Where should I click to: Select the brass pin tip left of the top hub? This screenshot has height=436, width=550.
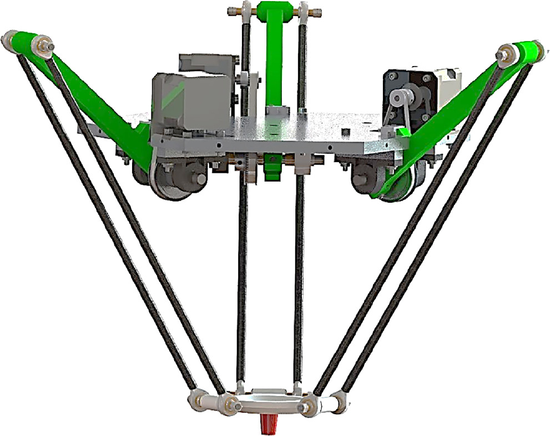pos(231,11)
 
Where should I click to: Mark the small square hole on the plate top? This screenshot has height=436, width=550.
pos(345,132)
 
